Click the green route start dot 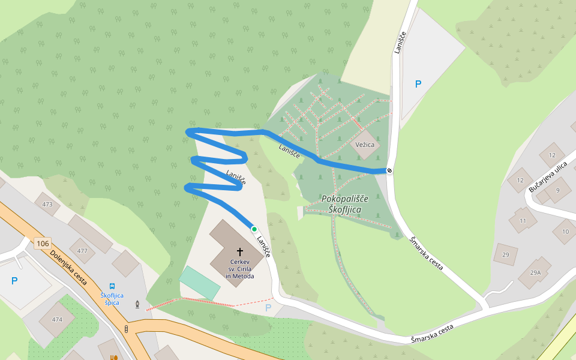click(254, 229)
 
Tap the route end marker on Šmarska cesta click(389, 170)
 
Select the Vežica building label click(365, 145)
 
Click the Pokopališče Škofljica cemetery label click(349, 203)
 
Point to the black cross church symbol click(240, 252)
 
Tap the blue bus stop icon click(112, 287)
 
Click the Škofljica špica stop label click(112, 299)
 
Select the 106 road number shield click(42, 244)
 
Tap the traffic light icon click(126, 329)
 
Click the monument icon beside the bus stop click(138, 305)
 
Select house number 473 click(47, 205)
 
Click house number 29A click(535, 272)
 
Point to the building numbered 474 click(57, 319)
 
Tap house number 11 click(523, 221)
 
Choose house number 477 click(82, 251)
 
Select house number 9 click(557, 190)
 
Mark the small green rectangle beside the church click(200, 283)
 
